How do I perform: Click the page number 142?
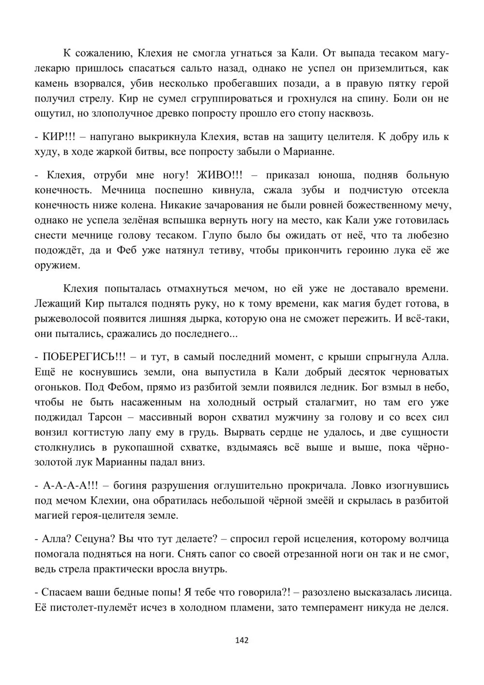click(x=242, y=640)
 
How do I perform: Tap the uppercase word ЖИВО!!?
click(x=218, y=175)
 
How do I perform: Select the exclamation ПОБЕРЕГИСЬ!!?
click(x=84, y=357)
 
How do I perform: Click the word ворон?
click(x=197, y=418)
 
